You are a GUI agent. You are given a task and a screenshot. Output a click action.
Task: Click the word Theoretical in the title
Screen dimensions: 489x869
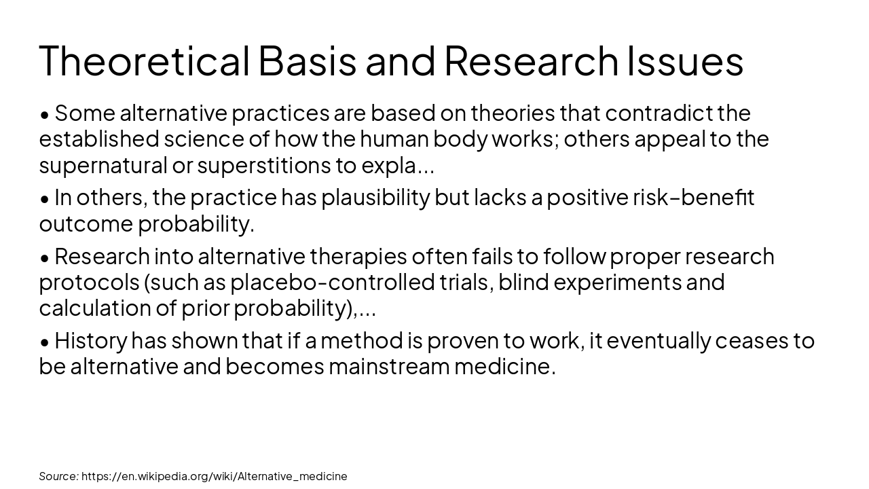click(145, 60)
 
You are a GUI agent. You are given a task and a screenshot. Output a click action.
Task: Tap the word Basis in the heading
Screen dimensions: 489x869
click(307, 60)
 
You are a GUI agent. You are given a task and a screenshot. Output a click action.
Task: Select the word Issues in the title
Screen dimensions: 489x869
click(685, 60)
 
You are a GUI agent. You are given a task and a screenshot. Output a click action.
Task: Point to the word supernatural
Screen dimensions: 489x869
click(103, 165)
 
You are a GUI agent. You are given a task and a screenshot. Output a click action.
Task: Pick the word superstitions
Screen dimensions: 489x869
click(263, 165)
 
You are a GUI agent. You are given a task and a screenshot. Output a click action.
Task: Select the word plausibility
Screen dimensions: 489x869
click(375, 198)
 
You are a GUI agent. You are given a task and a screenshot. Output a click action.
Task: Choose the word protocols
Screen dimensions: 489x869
click(88, 282)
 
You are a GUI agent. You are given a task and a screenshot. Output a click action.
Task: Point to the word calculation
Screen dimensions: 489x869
click(95, 308)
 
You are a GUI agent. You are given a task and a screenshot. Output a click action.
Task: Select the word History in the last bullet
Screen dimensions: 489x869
click(90, 340)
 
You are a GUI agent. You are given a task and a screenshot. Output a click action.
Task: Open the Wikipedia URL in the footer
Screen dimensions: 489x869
click(214, 476)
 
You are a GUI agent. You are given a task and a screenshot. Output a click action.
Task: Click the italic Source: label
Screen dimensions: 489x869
click(58, 476)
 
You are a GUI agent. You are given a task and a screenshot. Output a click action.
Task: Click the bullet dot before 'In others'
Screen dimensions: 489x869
click(45, 199)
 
